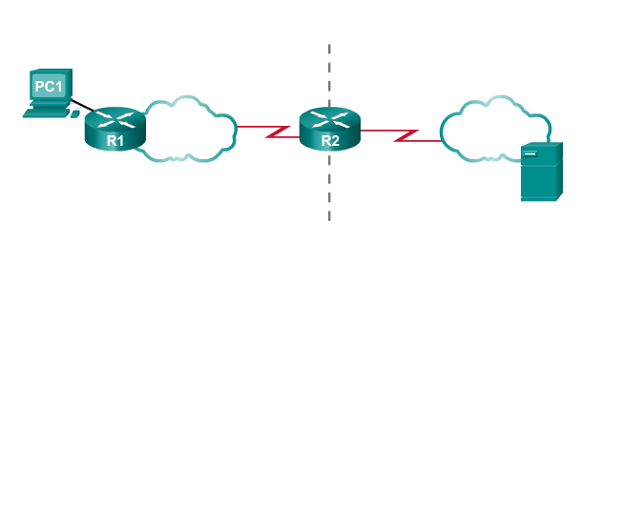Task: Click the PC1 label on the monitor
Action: (x=49, y=87)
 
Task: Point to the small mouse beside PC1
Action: (x=75, y=112)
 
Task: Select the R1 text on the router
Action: (x=115, y=141)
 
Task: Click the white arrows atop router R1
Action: (x=115, y=119)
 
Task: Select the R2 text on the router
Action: (x=330, y=141)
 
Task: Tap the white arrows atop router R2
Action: (x=330, y=119)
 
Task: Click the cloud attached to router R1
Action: (x=190, y=128)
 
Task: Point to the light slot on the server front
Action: (x=530, y=153)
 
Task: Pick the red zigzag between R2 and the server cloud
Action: (x=406, y=136)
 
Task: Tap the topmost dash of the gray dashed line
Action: (x=330, y=48)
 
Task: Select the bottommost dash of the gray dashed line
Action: (x=330, y=215)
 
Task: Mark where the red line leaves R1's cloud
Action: (x=239, y=126)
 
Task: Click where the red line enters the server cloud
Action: (x=441, y=141)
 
